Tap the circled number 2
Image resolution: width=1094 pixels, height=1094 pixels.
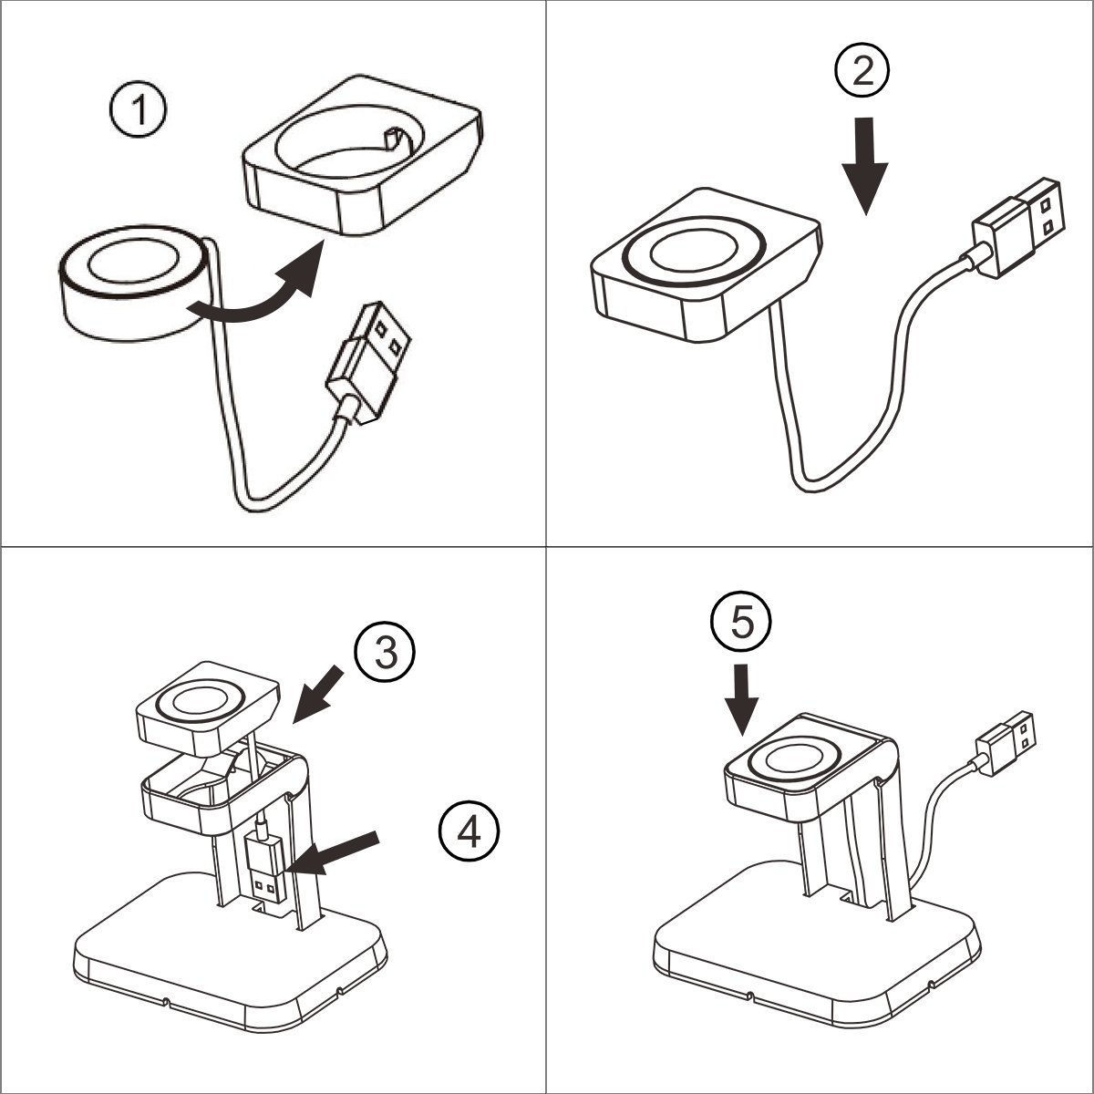click(862, 71)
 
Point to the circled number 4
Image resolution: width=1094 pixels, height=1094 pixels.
click(469, 831)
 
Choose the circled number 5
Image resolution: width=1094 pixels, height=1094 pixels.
click(741, 624)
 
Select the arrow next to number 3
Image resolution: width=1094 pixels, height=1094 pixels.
click(319, 693)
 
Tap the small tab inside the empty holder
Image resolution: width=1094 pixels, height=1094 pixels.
click(393, 139)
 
